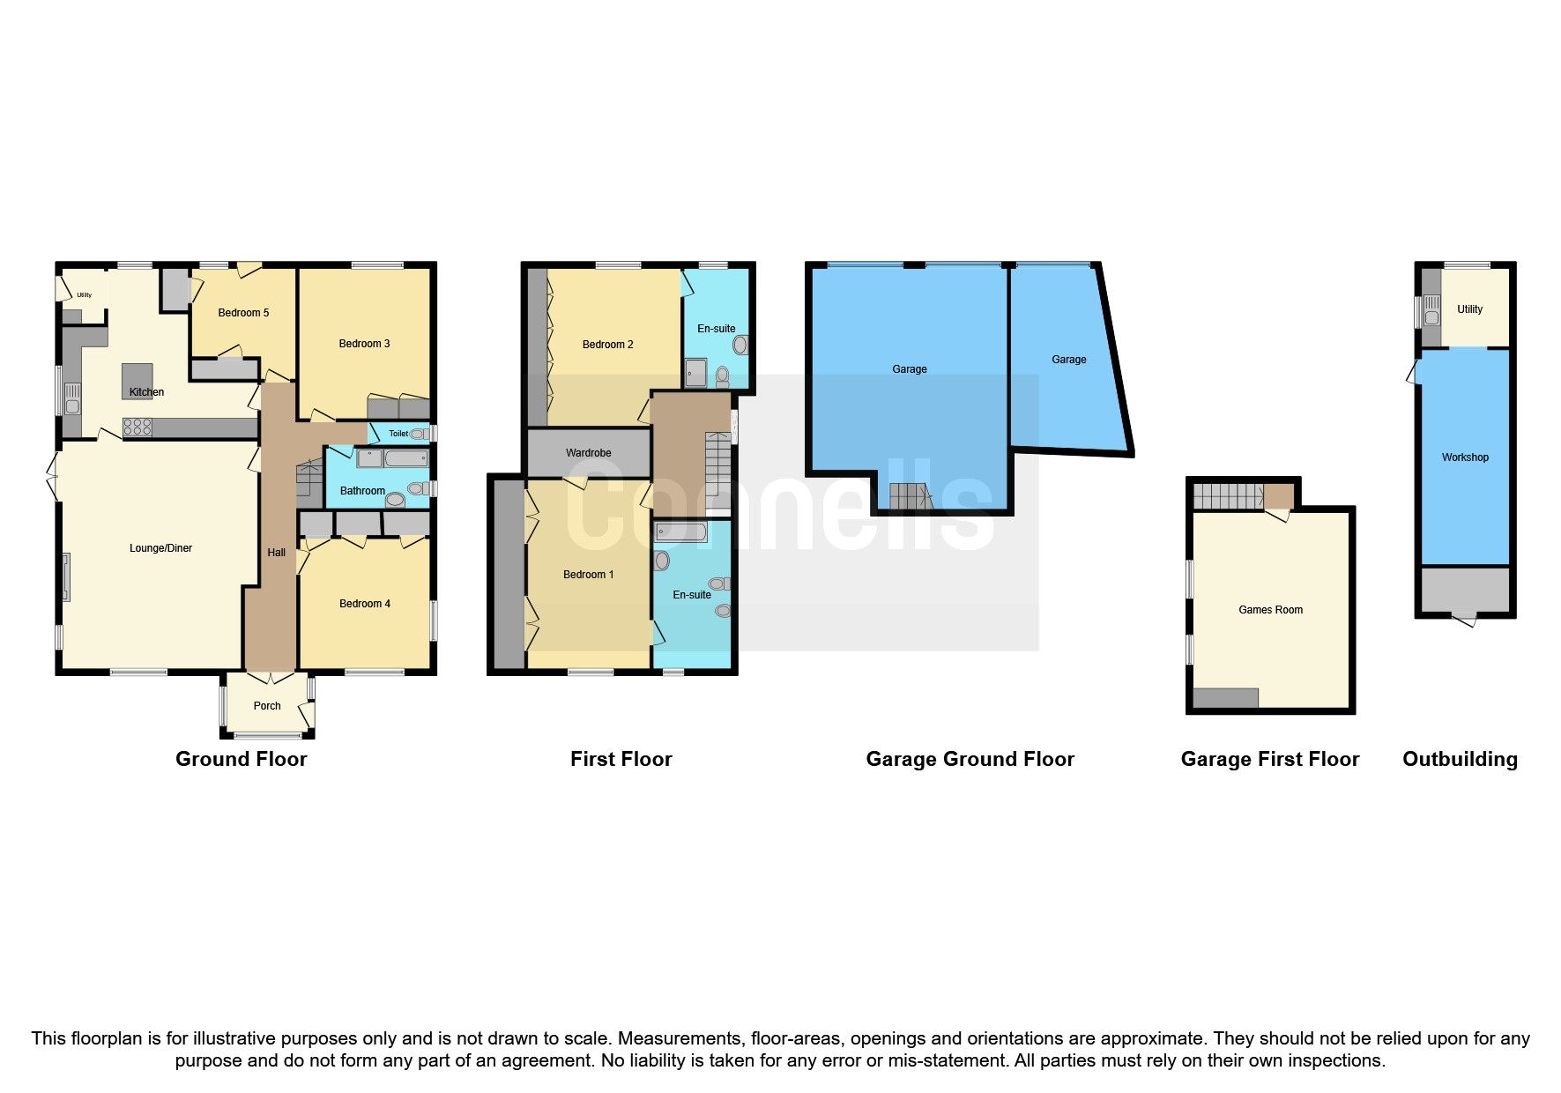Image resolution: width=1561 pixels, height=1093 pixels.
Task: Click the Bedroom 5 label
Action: coord(243,313)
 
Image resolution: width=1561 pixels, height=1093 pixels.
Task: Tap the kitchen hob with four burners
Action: coord(138,428)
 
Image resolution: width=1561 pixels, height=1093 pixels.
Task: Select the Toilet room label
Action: coord(398,434)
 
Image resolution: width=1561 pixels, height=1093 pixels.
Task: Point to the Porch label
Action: coord(267,706)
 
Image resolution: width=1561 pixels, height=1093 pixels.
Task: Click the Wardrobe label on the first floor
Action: coord(589,453)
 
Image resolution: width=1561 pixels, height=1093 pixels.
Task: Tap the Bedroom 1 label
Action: coord(589,575)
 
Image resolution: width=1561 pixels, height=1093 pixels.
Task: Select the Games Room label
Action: coord(1270,610)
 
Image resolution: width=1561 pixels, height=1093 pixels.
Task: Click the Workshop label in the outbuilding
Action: coord(1465,457)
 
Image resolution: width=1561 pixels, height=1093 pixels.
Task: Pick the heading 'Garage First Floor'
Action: coord(1270,759)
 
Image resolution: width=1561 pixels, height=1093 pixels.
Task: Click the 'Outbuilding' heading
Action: coord(1461,759)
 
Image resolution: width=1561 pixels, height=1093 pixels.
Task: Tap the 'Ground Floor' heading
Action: coord(242,759)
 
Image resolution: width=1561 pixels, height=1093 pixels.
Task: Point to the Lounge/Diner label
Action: coord(160,548)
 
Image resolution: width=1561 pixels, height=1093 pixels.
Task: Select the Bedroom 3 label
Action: coord(364,344)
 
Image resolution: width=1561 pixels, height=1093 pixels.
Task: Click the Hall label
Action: coord(277,553)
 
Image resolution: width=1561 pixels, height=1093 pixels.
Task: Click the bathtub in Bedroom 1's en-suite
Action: coord(680,532)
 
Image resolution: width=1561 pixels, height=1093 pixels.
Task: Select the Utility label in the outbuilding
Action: coord(1470,309)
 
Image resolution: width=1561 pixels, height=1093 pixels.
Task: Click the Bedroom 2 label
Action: coord(608,345)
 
